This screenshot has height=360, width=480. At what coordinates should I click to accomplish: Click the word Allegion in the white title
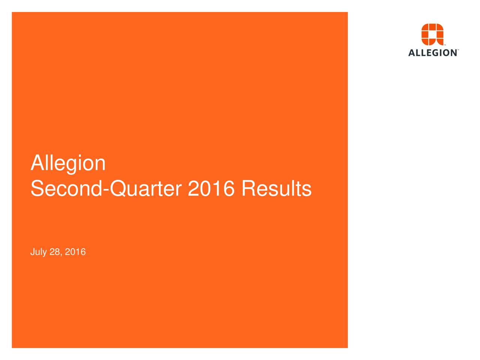[x=68, y=163]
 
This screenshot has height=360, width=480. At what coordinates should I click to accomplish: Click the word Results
[x=276, y=189]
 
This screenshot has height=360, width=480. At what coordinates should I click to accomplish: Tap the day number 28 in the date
[x=54, y=252]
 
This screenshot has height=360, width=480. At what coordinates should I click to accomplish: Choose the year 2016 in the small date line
[x=75, y=252]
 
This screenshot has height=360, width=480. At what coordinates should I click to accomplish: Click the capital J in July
[x=32, y=252]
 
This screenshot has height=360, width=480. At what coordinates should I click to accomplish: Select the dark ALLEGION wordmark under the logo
[x=432, y=53]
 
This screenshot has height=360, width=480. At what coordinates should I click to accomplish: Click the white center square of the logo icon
[x=432, y=35]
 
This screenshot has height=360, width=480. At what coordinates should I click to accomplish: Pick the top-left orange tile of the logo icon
[x=425, y=27]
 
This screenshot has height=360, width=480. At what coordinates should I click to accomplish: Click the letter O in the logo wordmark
[x=445, y=53]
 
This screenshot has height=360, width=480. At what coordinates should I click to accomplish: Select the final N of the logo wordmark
[x=453, y=53]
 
